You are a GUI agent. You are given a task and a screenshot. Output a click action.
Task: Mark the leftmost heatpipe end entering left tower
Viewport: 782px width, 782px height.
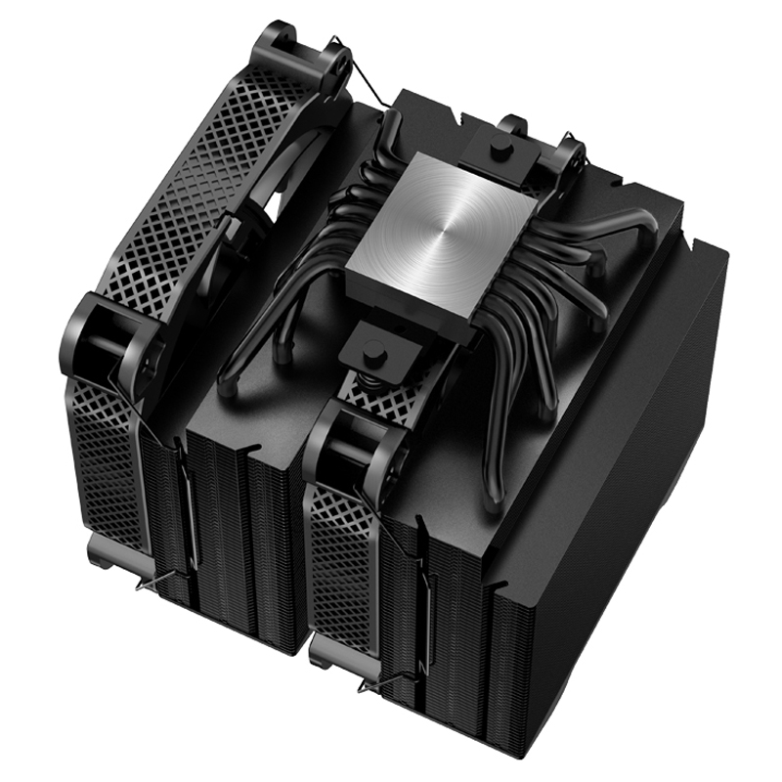227,383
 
